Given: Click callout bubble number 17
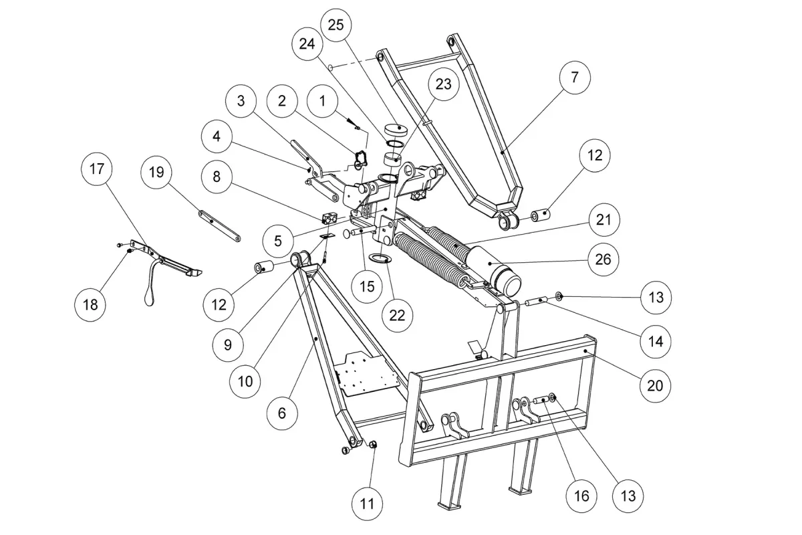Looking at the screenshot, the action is point(97,169).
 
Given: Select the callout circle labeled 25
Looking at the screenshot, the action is point(336,25).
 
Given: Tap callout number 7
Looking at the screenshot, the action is point(575,78).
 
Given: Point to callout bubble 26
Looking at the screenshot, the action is point(603,259).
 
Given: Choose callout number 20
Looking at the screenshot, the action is point(655,386).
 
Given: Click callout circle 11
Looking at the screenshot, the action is point(367,504).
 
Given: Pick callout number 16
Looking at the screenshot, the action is point(581,496).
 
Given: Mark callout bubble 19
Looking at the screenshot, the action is point(156,173).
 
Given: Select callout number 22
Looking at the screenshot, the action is point(397,316).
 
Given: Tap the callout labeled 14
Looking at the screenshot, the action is point(656,342).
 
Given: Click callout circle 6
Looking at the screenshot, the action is point(282,413).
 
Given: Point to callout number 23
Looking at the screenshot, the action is point(444,84).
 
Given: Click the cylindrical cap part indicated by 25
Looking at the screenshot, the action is point(396,130).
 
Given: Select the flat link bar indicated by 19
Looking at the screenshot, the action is point(219,226).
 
